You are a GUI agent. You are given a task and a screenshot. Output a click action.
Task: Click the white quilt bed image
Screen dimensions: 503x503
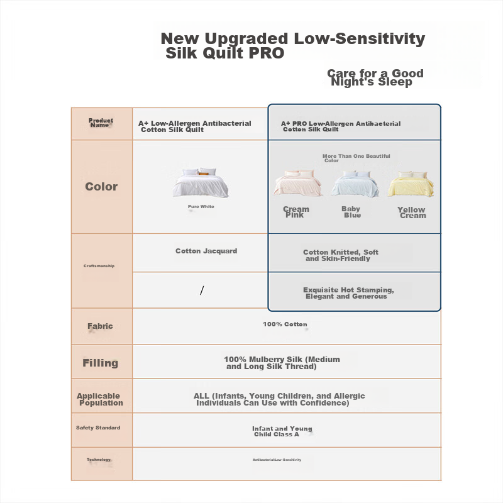[201, 182]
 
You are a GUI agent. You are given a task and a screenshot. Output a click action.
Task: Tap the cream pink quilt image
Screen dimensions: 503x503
[297, 183]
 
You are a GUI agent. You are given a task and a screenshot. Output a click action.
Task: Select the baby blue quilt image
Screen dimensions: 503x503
[355, 184]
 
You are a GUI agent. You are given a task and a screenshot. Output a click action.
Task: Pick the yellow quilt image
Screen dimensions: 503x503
[411, 184]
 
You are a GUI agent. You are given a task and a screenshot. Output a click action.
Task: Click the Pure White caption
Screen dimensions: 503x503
[201, 207]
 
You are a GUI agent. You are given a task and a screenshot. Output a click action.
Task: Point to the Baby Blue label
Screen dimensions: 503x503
[351, 212]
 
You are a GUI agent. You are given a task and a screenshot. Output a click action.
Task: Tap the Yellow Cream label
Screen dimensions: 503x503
[412, 213]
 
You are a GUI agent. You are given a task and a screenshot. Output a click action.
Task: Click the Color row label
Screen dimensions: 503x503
[101, 187]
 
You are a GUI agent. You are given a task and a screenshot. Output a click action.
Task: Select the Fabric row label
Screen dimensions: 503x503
[100, 326]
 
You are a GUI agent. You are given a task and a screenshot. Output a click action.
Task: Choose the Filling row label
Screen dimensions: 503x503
[101, 363]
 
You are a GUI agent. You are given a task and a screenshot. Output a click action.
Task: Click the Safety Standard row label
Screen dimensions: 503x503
[98, 428]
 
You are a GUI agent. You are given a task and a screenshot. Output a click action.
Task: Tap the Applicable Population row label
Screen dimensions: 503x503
[100, 399]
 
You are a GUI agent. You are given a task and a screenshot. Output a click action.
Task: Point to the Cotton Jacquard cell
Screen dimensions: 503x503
[206, 251]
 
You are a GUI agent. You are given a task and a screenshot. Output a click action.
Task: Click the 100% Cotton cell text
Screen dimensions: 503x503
[285, 324]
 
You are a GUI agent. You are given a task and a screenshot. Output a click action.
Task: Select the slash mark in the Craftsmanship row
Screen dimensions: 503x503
[202, 290]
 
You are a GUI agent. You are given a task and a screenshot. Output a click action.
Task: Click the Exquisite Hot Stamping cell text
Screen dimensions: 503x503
[348, 293]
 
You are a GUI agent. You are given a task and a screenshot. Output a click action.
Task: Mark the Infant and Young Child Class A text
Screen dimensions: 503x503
[282, 431]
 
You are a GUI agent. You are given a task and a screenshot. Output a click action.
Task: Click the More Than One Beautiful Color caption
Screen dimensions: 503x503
[356, 158]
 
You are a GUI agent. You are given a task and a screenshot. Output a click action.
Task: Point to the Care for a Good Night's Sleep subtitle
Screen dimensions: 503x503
[375, 77]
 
